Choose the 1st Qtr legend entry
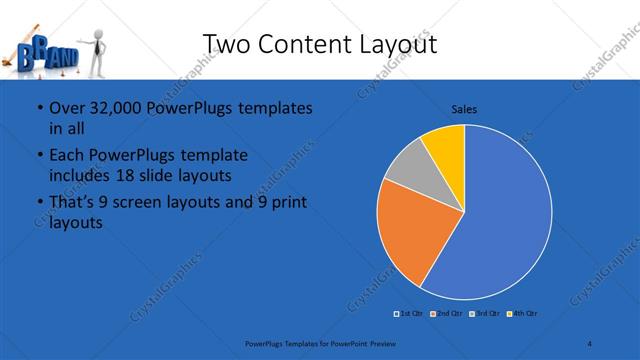410,314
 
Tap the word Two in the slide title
228,44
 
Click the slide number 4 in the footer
590,344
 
